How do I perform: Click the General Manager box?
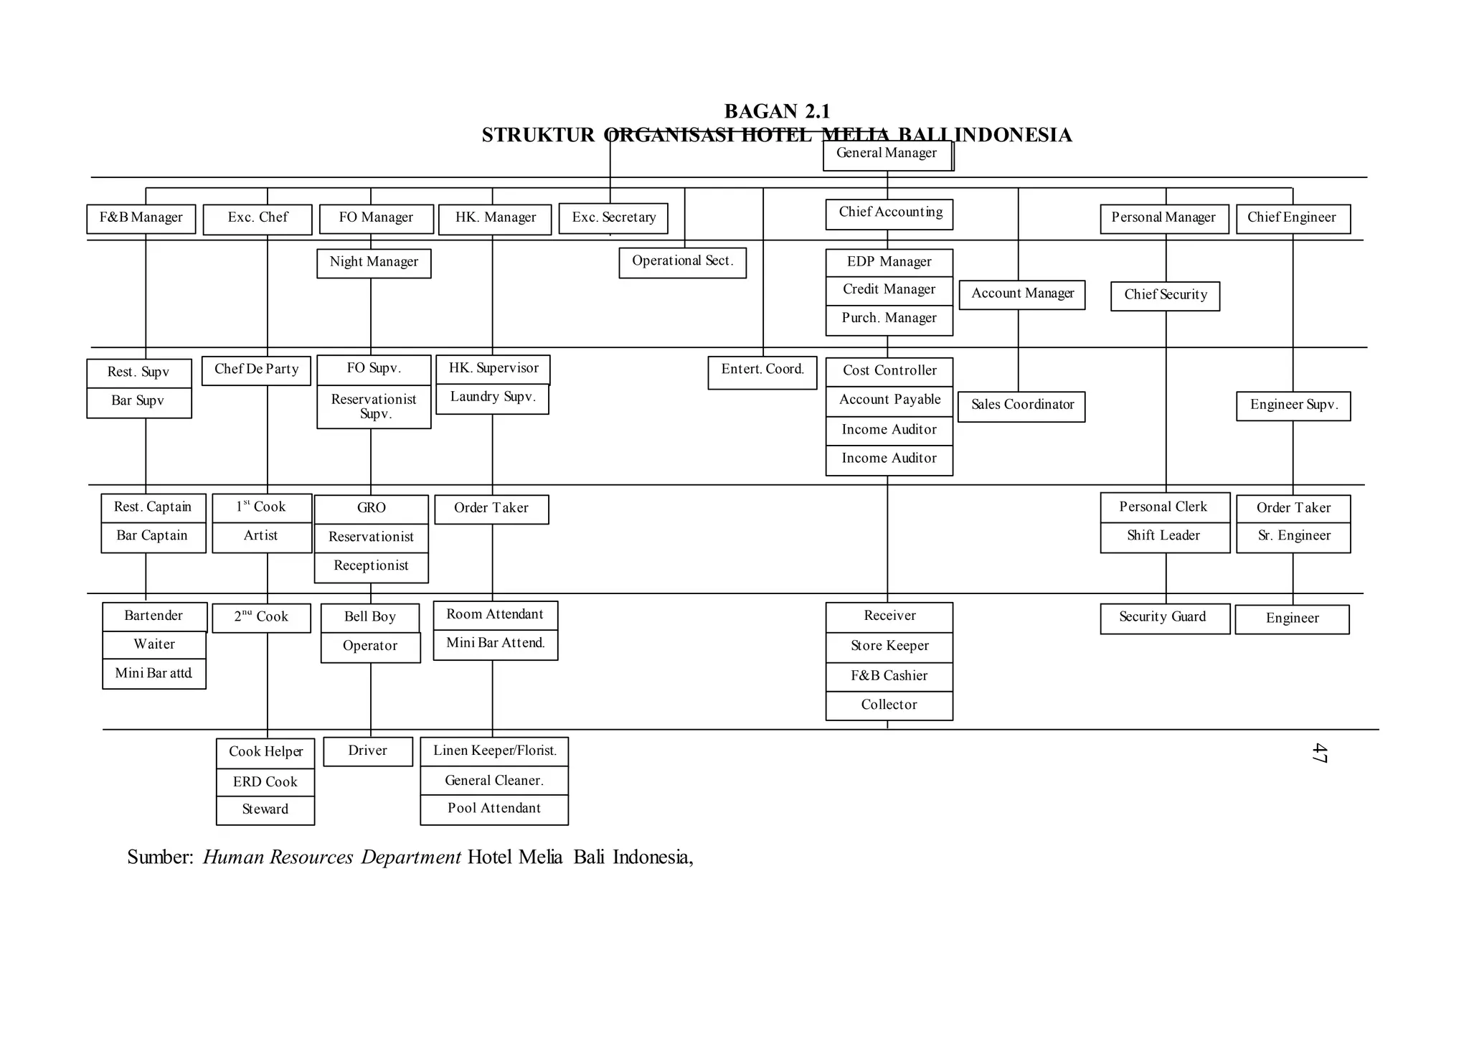(887, 155)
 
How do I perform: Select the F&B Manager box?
(141, 219)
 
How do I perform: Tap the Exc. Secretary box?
(613, 219)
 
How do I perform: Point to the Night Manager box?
(374, 263)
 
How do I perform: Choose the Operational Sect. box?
(682, 263)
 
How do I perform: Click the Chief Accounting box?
(889, 214)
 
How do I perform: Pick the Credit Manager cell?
(889, 291)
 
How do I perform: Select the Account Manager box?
(1022, 295)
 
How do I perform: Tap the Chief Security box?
(1165, 296)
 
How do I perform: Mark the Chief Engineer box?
(1293, 219)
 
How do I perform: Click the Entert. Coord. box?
(762, 372)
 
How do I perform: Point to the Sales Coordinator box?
(1021, 406)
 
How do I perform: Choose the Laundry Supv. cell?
(493, 399)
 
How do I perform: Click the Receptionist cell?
(371, 567)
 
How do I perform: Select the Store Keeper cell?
(889, 647)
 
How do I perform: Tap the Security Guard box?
(1164, 619)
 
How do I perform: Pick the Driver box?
(368, 751)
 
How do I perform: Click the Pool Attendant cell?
(494, 810)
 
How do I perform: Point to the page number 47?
(1318, 753)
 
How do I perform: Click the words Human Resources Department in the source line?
(332, 857)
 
